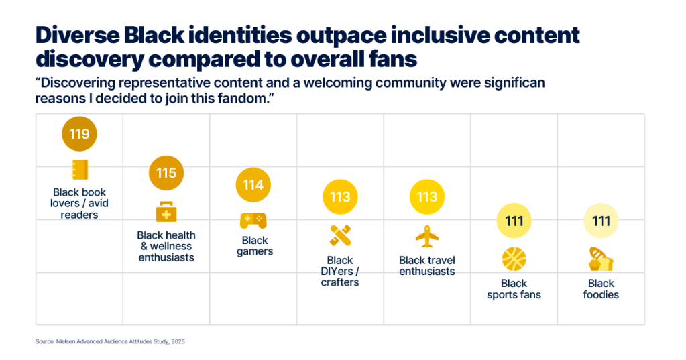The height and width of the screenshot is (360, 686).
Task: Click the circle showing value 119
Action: point(79,134)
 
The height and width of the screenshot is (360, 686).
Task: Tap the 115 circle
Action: point(166,173)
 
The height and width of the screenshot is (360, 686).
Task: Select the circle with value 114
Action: point(253,185)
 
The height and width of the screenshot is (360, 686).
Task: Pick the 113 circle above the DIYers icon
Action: point(340,197)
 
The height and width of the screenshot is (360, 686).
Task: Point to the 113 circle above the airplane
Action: point(427,197)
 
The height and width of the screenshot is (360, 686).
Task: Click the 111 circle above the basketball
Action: point(514,221)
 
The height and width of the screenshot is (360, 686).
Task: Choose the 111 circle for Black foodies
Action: point(601,221)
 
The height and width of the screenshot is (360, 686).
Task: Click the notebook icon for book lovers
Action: point(79,170)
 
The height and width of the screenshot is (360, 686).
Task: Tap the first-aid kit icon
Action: point(166,212)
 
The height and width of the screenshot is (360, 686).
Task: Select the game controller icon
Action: point(253,220)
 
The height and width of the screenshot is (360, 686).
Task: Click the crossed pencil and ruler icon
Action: point(340,236)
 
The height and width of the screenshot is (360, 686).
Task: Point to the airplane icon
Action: point(427,236)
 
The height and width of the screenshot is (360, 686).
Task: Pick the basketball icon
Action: point(514,259)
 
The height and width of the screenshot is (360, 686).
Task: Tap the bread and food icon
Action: point(601,259)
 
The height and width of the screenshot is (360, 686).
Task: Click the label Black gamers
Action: point(255,246)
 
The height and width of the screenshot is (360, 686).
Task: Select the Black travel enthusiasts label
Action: point(427,266)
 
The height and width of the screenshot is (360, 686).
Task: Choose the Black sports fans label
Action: point(514,289)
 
